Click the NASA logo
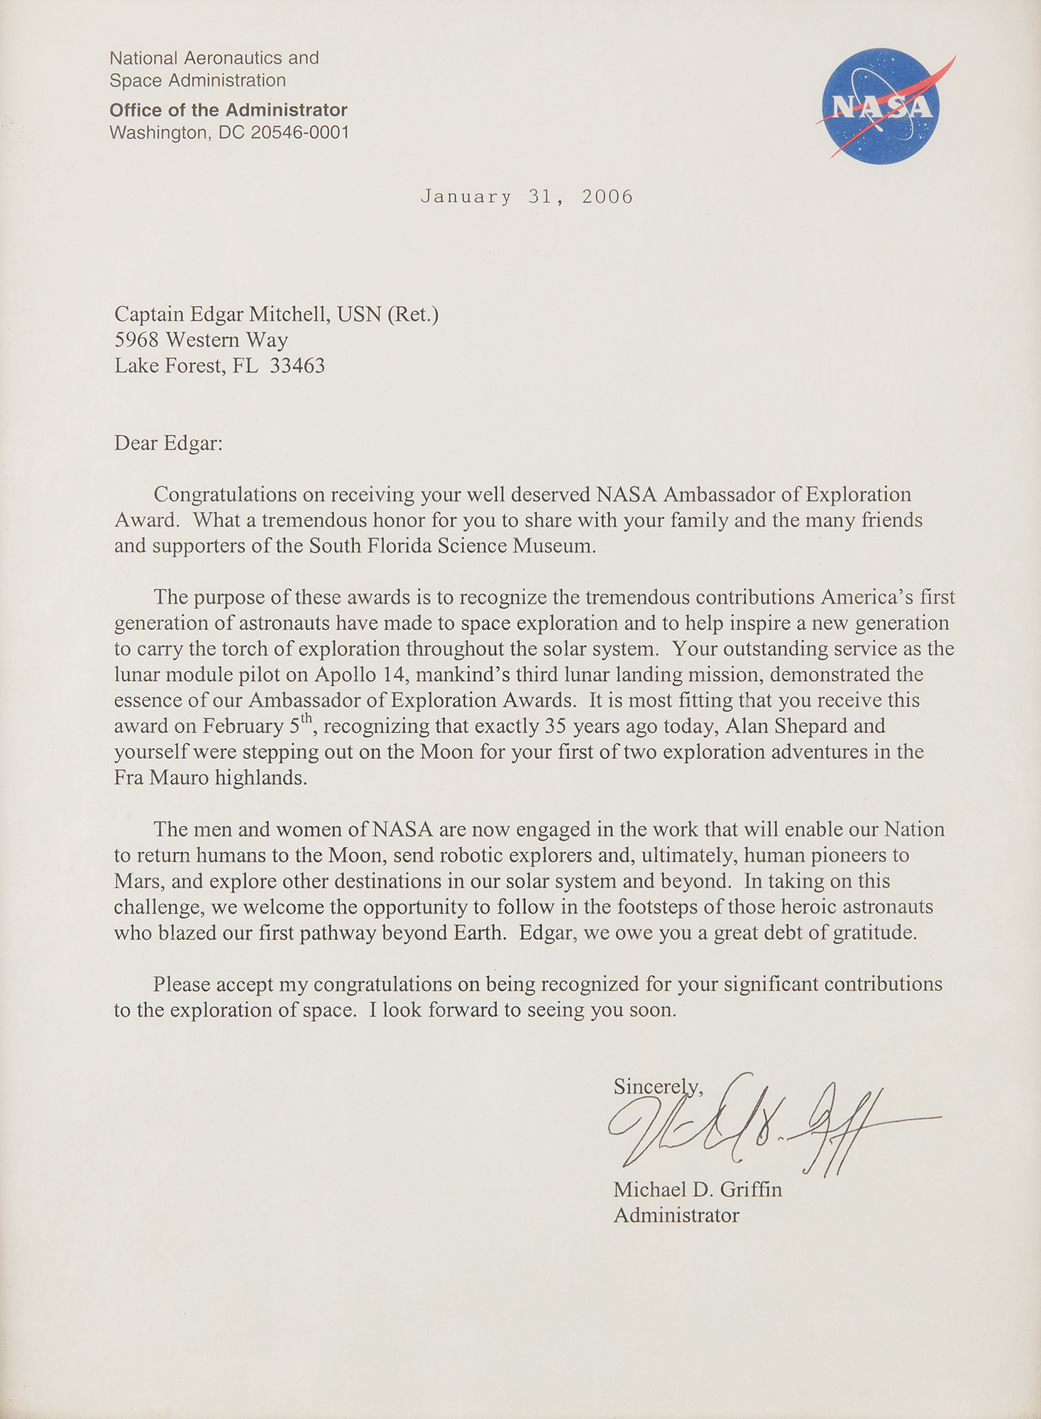(881, 106)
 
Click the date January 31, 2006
(527, 197)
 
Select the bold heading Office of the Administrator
(228, 110)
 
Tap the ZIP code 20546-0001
(300, 133)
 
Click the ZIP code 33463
(297, 366)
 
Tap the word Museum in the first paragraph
(558, 546)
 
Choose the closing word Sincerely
(656, 1086)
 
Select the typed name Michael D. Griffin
(698, 1189)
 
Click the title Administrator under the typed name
(676, 1215)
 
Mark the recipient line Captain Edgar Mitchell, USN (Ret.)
(277, 314)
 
